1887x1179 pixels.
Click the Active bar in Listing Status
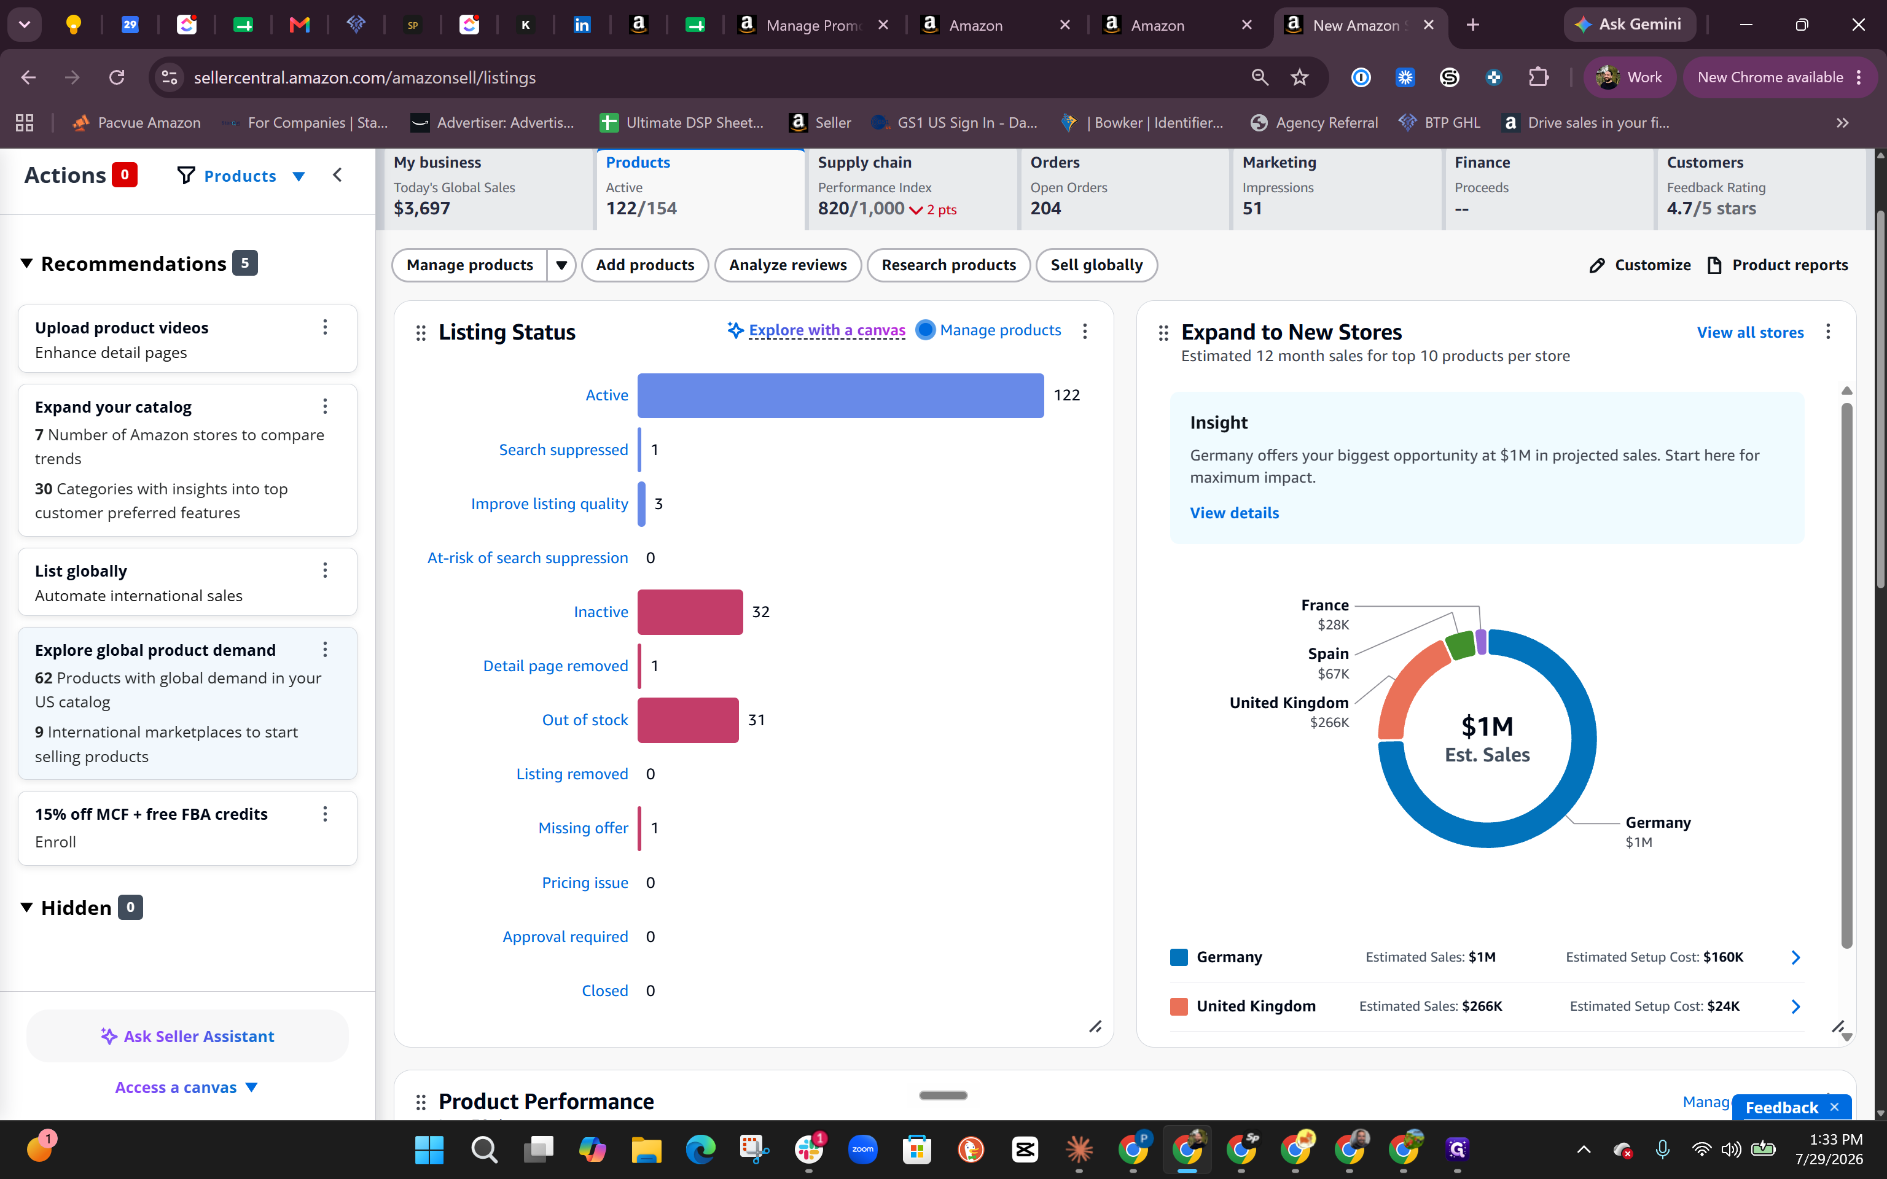[x=840, y=395]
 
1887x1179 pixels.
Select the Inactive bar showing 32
[x=690, y=612]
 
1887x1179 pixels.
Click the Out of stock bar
[x=688, y=720]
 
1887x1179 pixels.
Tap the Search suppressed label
[x=563, y=450]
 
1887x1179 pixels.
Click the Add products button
[x=645, y=265]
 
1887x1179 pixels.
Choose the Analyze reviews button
[x=787, y=265]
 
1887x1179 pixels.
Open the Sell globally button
[x=1096, y=265]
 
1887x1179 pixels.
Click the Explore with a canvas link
[x=827, y=330]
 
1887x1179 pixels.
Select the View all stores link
[x=1750, y=332]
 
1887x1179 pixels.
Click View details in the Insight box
[x=1234, y=513]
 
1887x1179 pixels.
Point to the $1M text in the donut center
[x=1487, y=726]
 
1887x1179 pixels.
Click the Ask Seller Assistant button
[x=187, y=1037]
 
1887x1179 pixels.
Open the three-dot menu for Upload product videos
[x=325, y=327]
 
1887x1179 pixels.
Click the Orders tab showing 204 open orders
[x=1123, y=188]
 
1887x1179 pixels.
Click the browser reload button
[x=117, y=77]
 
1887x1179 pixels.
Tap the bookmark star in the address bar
[x=1299, y=77]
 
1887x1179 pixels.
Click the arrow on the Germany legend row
[x=1795, y=957]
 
